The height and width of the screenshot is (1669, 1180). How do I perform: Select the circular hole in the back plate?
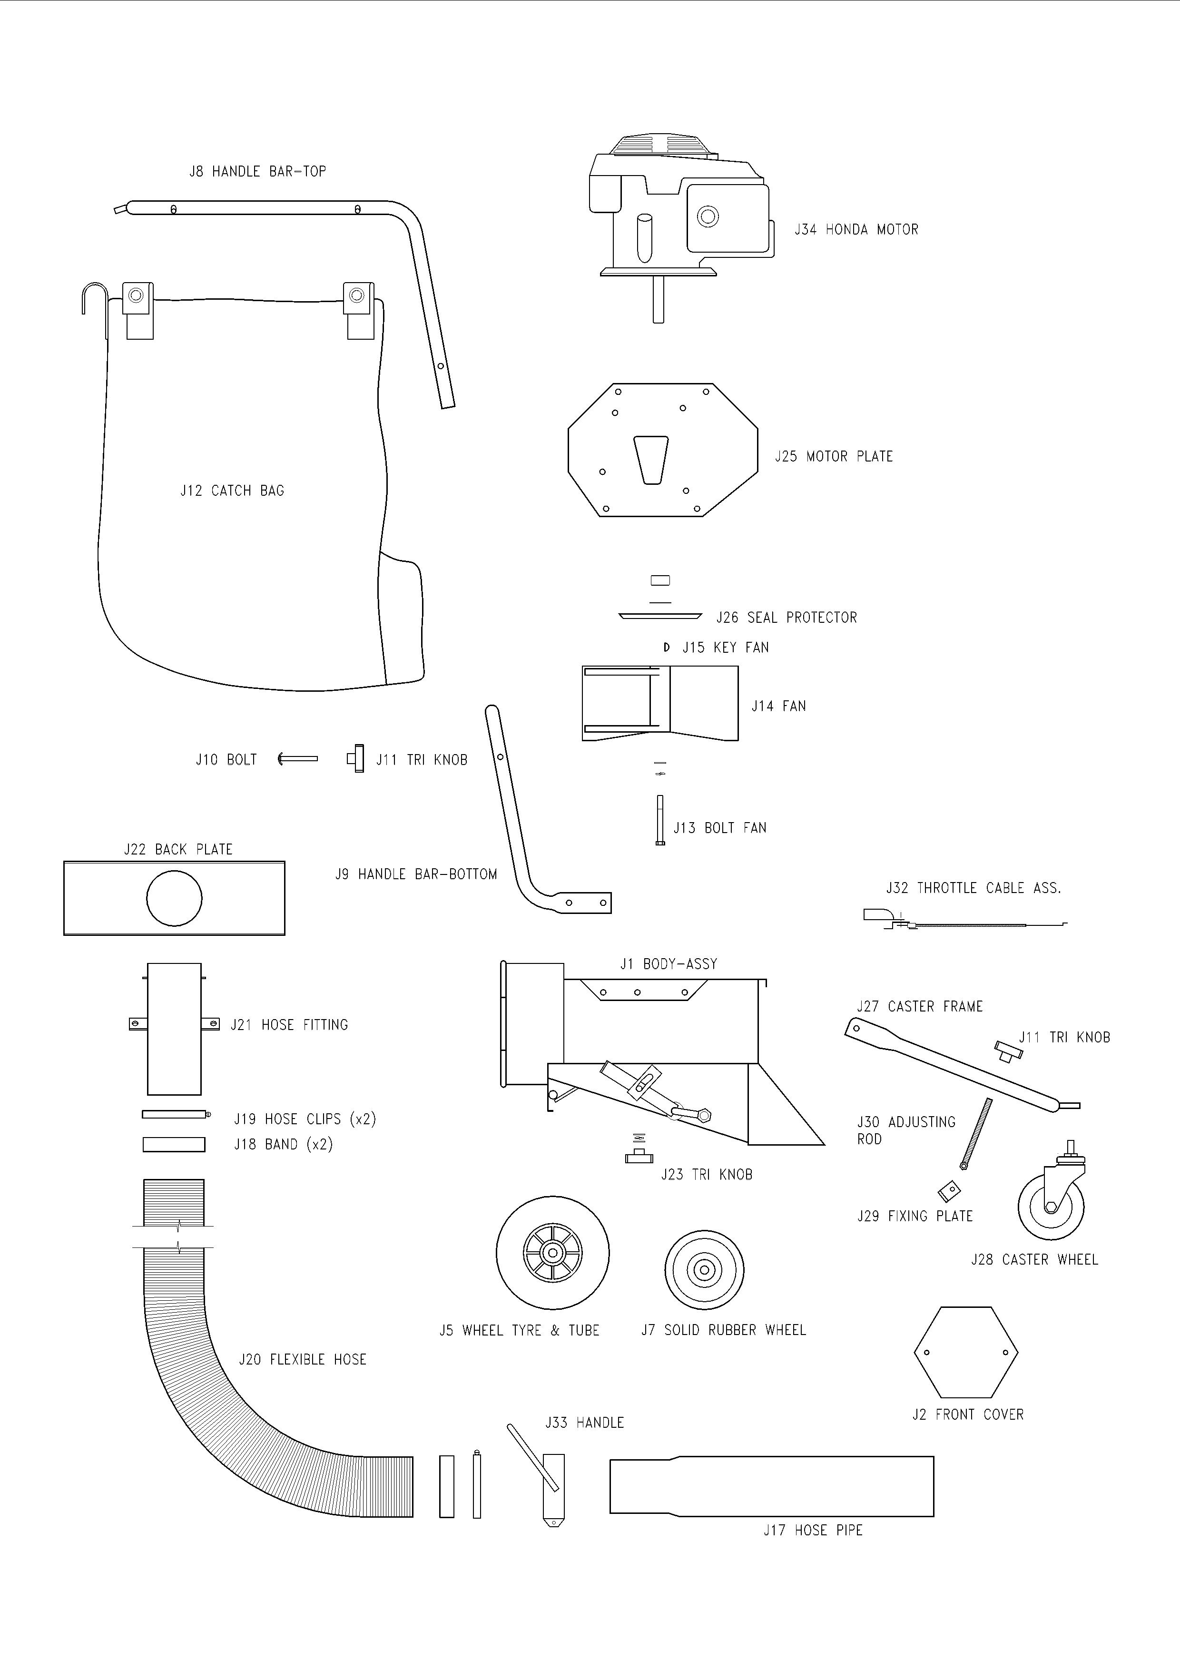coord(175,898)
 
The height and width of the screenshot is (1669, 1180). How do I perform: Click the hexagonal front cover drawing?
coord(965,1353)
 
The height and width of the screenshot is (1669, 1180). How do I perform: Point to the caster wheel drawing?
coord(1052,1201)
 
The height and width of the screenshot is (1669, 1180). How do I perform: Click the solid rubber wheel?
coord(704,1270)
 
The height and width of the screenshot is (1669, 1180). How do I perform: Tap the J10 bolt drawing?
coord(298,759)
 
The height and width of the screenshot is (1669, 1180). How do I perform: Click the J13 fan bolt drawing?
coord(659,820)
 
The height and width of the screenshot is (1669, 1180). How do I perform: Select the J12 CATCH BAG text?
coord(232,491)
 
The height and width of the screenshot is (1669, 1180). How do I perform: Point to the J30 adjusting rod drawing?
coord(976,1133)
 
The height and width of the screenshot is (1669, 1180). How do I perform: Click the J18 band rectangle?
coord(174,1145)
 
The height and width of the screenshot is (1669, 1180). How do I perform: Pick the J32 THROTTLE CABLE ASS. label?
coord(973,888)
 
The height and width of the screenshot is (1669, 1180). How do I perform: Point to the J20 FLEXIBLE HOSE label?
coord(303,1359)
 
